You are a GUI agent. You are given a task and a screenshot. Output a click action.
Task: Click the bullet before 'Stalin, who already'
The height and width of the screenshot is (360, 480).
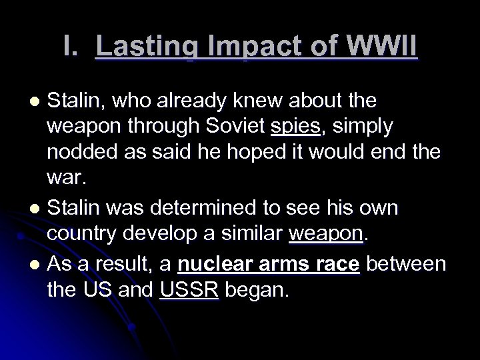(x=37, y=101)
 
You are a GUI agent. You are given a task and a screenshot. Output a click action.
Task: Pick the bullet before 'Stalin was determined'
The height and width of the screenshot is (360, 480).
(x=37, y=209)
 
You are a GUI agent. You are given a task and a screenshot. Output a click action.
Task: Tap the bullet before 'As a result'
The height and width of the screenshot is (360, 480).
(x=37, y=262)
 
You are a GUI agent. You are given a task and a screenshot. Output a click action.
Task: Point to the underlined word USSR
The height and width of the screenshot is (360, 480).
(x=189, y=288)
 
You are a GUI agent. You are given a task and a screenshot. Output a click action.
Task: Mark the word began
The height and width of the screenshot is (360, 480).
(x=256, y=288)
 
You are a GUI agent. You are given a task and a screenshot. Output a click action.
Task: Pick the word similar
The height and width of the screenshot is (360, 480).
(x=252, y=235)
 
